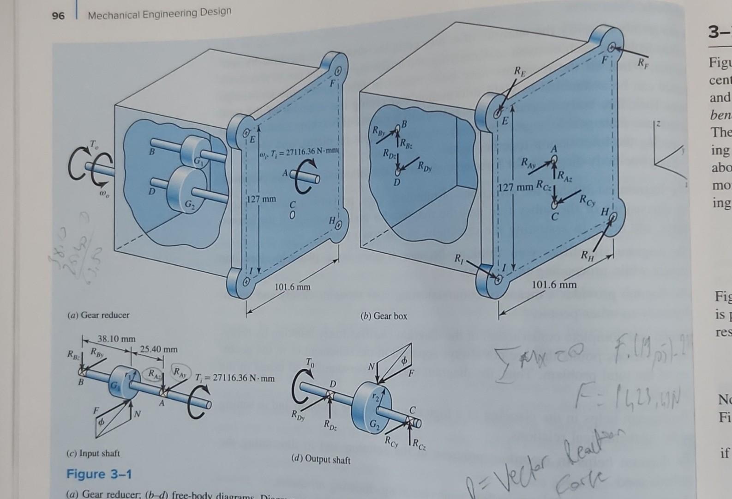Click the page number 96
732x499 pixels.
(x=58, y=16)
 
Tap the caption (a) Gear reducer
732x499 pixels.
(x=98, y=315)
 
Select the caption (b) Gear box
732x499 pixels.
(x=384, y=316)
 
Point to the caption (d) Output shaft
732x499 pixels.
(x=321, y=460)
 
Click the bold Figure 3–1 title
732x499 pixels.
(x=99, y=474)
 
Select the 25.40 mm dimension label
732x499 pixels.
(x=158, y=349)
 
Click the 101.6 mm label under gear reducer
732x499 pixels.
(x=293, y=287)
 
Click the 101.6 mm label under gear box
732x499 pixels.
(x=554, y=285)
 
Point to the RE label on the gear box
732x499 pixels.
(x=519, y=72)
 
